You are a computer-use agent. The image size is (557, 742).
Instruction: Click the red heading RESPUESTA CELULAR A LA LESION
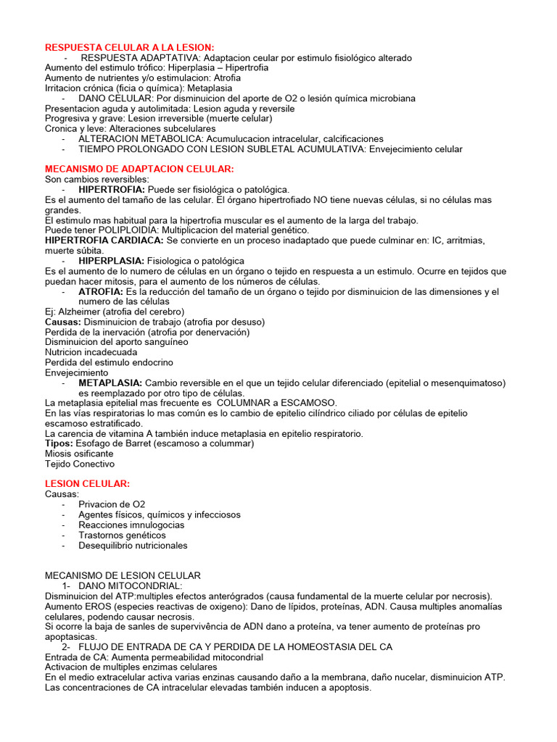(x=130, y=47)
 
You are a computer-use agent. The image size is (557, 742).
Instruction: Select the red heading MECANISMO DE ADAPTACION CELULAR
(x=139, y=169)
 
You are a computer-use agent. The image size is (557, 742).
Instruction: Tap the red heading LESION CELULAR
(x=87, y=483)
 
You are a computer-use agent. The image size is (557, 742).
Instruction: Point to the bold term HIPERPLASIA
(x=111, y=261)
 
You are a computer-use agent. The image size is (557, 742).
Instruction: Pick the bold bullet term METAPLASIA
(x=110, y=383)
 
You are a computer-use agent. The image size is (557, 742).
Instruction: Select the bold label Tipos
(x=59, y=443)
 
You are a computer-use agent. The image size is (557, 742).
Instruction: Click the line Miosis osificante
(x=79, y=454)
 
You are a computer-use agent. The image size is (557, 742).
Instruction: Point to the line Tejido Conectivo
(x=80, y=464)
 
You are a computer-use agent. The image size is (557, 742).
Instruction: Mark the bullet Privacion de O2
(x=112, y=504)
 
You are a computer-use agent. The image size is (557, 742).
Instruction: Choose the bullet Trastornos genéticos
(x=123, y=535)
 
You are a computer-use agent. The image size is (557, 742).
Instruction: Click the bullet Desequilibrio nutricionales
(x=133, y=545)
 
